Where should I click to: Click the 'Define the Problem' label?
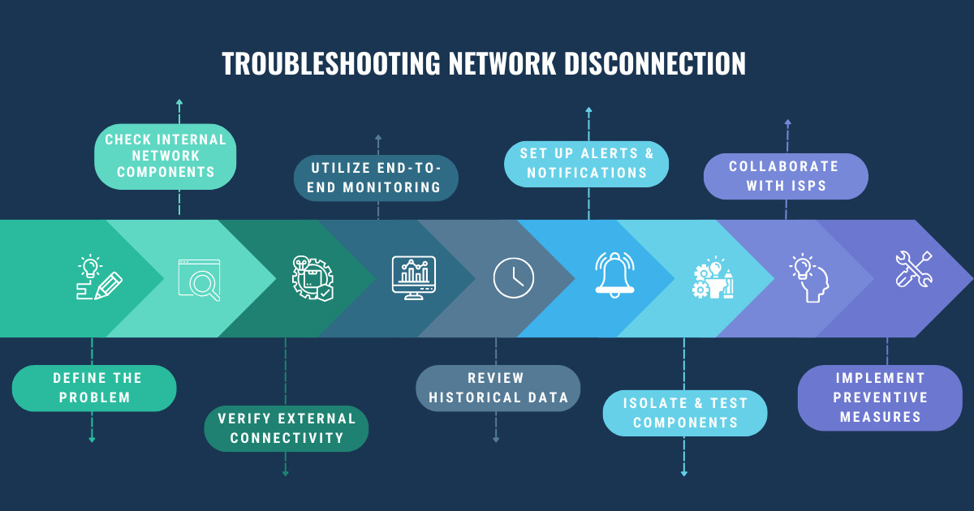tap(93, 388)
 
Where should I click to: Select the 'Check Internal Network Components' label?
tap(166, 156)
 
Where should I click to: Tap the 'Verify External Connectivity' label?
tap(286, 428)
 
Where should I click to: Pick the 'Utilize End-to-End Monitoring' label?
tap(377, 178)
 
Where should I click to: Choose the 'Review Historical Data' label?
tap(498, 388)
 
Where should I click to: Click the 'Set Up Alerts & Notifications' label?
tap(586, 163)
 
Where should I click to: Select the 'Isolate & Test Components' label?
tap(685, 412)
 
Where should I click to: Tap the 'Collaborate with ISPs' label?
tap(785, 176)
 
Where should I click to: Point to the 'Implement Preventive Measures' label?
tap(880, 397)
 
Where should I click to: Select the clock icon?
tap(514, 277)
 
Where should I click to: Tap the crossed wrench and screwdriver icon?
tap(913, 268)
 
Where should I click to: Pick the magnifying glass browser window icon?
tap(200, 279)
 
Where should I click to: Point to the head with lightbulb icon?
tap(808, 277)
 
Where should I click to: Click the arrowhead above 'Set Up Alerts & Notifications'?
tap(588, 109)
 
